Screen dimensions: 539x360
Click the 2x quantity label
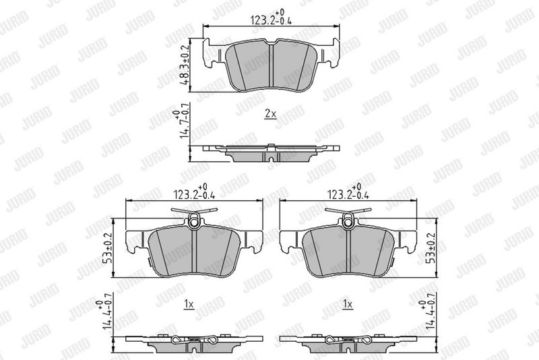(271, 114)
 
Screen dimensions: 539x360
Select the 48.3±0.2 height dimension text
(185, 65)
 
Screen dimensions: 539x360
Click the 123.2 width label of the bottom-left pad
(194, 193)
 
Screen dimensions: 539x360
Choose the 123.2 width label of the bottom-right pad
(348, 193)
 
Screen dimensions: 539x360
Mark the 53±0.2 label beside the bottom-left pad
(109, 247)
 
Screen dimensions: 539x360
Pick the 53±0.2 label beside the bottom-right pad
(432, 247)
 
